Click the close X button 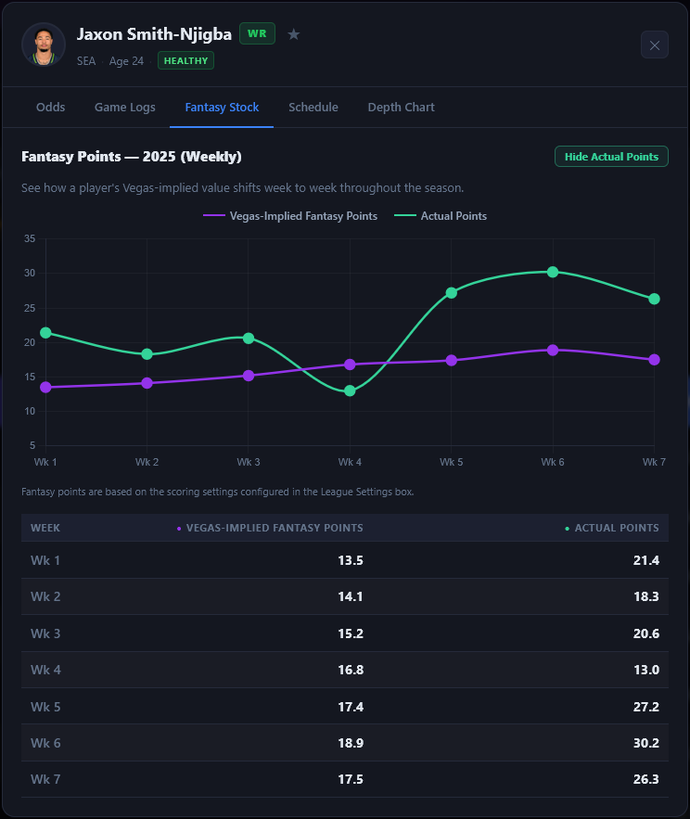(x=654, y=45)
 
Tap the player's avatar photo (x=44, y=45)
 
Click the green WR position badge (x=257, y=33)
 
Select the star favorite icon (x=294, y=34)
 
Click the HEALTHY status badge (x=185, y=60)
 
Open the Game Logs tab (x=124, y=107)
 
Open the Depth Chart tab (x=401, y=107)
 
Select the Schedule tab (x=313, y=107)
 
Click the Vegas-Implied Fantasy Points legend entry (x=290, y=216)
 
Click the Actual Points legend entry (x=441, y=216)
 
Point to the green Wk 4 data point (x=350, y=390)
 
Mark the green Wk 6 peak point (x=553, y=272)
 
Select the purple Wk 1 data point (x=45, y=387)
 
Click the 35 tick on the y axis (x=30, y=238)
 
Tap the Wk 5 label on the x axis (x=451, y=461)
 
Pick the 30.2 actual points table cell (x=645, y=742)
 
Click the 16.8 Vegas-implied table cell (x=351, y=670)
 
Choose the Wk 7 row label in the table (x=45, y=779)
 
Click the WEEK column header (x=45, y=528)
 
